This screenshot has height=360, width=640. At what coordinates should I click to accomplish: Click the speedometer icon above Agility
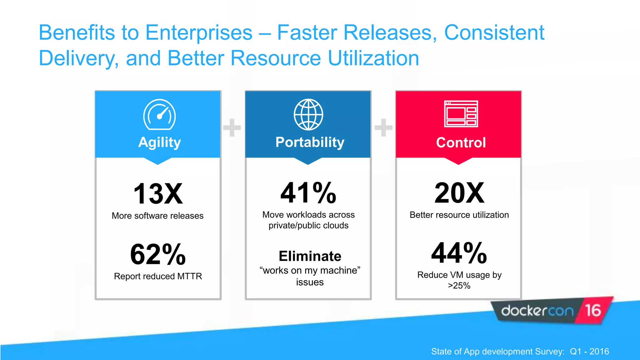click(x=159, y=115)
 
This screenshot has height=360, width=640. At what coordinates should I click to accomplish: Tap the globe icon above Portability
click(x=308, y=115)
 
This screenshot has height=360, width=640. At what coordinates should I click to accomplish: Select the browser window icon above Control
click(x=461, y=114)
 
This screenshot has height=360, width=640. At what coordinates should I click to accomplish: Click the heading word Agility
click(x=159, y=142)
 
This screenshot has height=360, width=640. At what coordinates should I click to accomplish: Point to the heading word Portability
click(x=310, y=142)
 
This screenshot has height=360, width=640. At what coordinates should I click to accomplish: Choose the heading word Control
click(x=461, y=143)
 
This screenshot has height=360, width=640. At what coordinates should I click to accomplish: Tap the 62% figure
click(x=158, y=254)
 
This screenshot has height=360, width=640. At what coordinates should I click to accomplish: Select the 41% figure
click(x=308, y=193)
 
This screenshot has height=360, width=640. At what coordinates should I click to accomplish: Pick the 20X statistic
click(x=459, y=193)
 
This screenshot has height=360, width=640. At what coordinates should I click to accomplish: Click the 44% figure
click(x=459, y=253)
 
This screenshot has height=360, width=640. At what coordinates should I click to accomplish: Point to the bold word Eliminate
click(x=310, y=256)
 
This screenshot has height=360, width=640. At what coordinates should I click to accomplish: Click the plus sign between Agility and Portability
click(x=232, y=127)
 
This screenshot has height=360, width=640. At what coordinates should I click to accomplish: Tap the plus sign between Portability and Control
click(x=383, y=127)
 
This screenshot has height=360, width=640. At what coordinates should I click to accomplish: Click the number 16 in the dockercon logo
click(x=593, y=310)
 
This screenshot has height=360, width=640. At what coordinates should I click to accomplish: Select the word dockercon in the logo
click(x=537, y=311)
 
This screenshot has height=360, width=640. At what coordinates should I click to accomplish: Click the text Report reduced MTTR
click(x=158, y=276)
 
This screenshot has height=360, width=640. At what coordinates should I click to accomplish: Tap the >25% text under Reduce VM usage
click(x=459, y=286)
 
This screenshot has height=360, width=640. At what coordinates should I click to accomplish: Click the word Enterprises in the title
click(x=199, y=32)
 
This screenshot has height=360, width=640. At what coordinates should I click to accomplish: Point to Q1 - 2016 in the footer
click(x=589, y=352)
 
